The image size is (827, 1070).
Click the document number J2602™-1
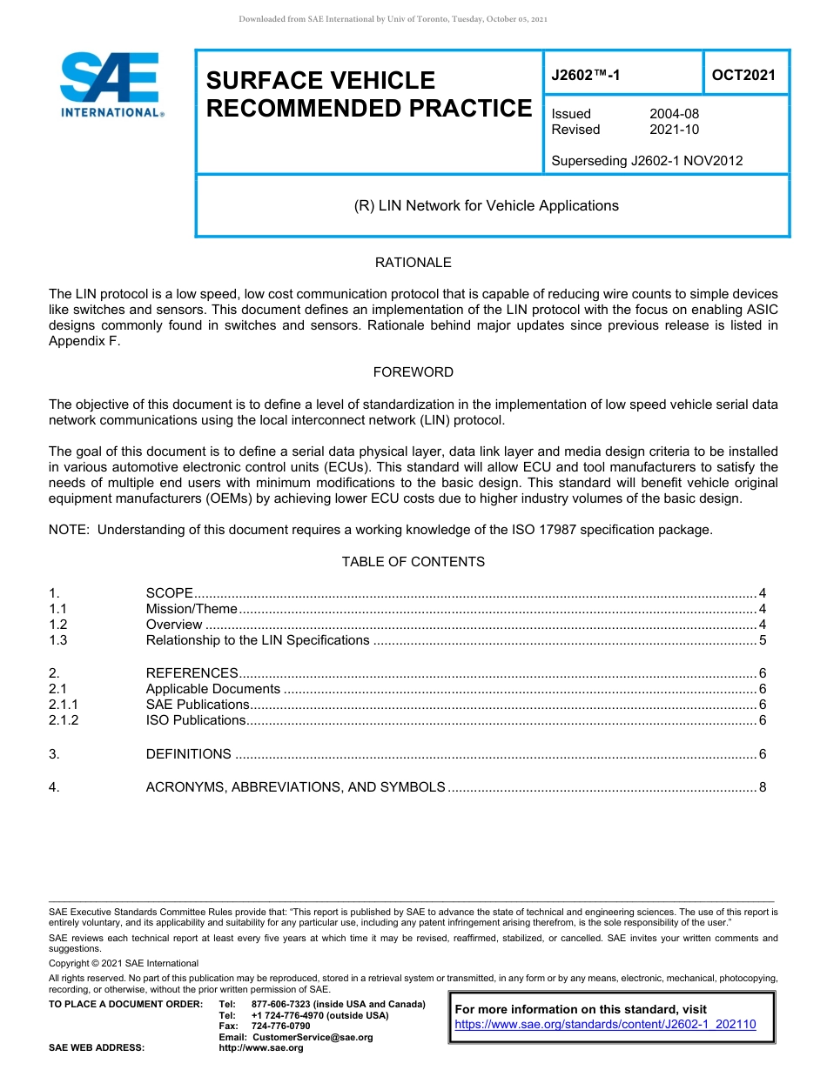586,75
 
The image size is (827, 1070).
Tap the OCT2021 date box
743,75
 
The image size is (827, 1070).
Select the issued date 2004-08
674,114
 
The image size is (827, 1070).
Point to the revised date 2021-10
674,130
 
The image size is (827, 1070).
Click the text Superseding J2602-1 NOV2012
647,160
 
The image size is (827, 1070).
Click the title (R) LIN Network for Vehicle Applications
486,206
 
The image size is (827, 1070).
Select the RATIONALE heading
413,263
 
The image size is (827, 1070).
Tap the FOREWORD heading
413,372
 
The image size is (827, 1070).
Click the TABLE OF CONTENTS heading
413,562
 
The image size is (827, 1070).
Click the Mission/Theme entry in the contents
192,609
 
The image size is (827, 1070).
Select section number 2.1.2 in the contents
64,720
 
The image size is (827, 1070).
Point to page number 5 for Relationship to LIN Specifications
762,640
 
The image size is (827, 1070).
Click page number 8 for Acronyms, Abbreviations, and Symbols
762,787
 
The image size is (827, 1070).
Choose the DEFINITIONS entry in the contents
188,754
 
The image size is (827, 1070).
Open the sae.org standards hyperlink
605,1025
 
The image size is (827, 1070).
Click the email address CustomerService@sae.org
311,1037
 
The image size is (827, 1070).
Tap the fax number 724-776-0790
280,1027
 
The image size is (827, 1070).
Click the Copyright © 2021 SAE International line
124,963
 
